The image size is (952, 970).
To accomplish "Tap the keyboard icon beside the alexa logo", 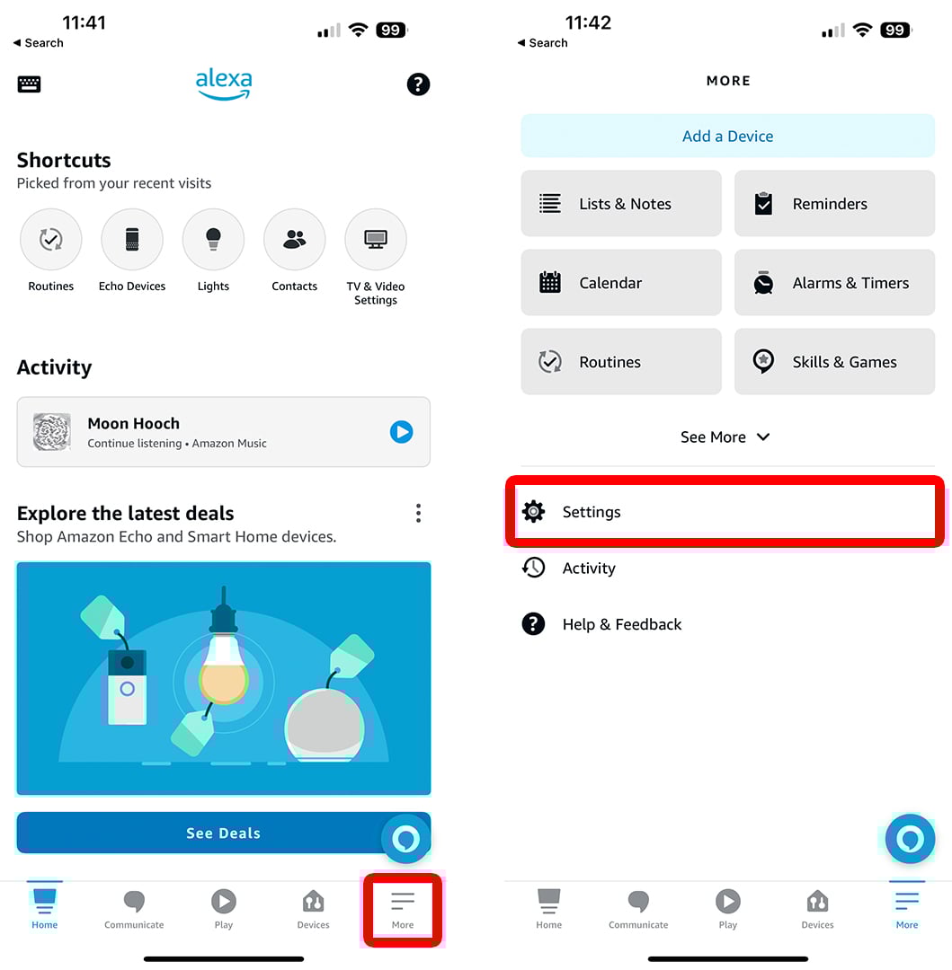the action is [x=29, y=84].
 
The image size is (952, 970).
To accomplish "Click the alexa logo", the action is [x=224, y=84].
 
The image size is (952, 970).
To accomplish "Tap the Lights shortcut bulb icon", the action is [x=213, y=240].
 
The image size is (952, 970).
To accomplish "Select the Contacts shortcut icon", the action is [x=294, y=240].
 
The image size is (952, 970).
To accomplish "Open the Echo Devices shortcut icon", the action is [x=132, y=240].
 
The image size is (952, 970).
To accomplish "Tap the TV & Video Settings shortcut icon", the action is [x=375, y=240].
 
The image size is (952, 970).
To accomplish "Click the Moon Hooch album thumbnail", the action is [x=51, y=432].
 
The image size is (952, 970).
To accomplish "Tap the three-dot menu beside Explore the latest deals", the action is [x=418, y=513].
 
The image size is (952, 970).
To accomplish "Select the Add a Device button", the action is [x=727, y=137].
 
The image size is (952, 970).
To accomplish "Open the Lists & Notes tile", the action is [x=621, y=204].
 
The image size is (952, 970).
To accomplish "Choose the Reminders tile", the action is [x=834, y=204].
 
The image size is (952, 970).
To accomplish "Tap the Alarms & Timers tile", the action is [x=834, y=283].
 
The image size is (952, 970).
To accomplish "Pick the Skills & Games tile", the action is [x=834, y=362].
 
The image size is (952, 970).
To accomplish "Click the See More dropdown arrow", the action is [x=763, y=436].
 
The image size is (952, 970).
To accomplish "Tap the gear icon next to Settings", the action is [x=534, y=512].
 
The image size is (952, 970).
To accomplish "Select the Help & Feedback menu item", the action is [x=601, y=624].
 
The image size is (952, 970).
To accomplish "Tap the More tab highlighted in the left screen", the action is [x=403, y=909].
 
